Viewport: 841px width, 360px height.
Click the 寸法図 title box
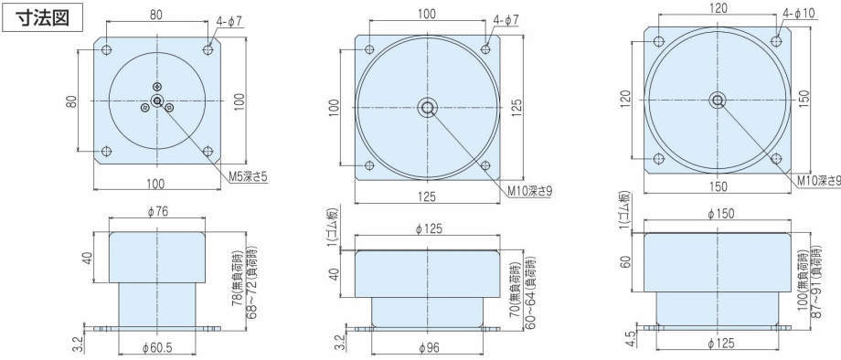[43, 17]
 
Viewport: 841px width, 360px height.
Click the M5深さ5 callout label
[250, 177]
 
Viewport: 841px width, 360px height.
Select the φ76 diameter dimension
[157, 211]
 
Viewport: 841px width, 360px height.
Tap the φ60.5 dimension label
[157, 347]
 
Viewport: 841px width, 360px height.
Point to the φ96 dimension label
[428, 347]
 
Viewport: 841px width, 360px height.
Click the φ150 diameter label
[720, 214]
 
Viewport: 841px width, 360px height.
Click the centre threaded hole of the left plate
[157, 101]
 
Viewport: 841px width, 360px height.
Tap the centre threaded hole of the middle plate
[428, 108]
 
